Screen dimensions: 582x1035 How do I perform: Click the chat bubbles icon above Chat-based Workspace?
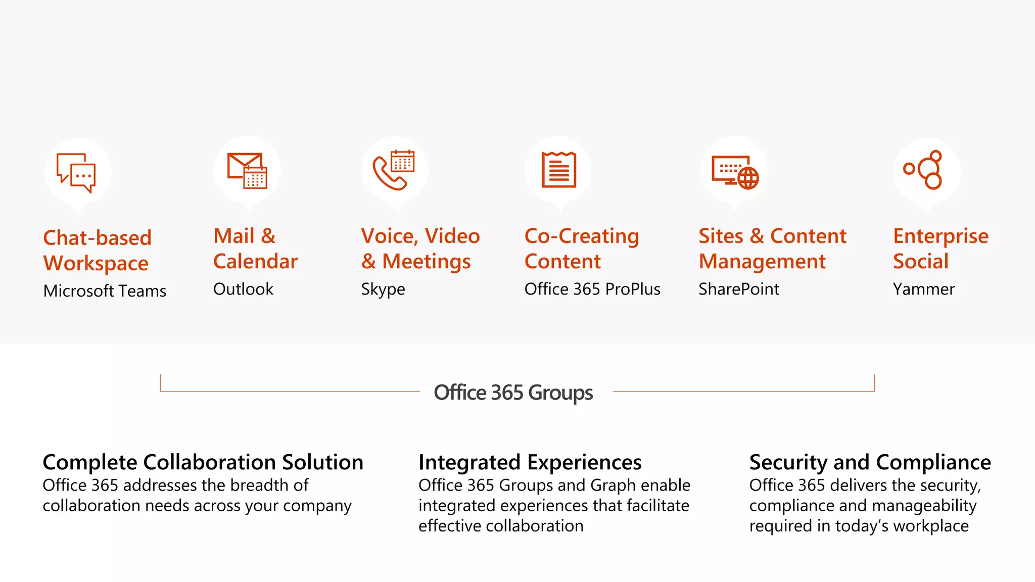(76, 172)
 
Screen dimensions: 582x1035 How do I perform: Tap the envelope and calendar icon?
(247, 170)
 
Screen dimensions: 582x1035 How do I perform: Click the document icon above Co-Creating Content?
(558, 170)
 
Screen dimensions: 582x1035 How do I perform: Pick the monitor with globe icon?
(735, 172)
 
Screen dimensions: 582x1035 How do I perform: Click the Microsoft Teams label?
(105, 291)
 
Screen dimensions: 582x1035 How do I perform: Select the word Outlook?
(243, 289)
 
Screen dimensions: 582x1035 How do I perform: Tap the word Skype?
(383, 289)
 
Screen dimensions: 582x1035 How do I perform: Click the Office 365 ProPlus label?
(592, 289)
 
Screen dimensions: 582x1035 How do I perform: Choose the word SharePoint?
(738, 289)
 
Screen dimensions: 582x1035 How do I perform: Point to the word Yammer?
(923, 289)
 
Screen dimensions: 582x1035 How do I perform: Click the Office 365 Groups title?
(513, 393)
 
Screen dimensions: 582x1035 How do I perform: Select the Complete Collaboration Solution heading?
(203, 462)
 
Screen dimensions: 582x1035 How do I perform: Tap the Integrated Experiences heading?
(530, 462)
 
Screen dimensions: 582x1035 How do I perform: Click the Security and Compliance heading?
(870, 462)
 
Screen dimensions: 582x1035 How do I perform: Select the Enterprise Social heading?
(940, 249)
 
